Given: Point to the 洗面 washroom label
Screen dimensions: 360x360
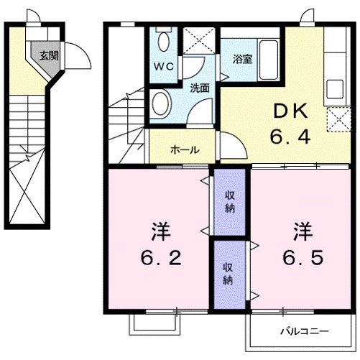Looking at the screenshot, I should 199,88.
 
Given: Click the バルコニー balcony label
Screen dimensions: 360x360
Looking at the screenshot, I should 305,332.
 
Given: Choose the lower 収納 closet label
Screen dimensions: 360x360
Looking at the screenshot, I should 227,274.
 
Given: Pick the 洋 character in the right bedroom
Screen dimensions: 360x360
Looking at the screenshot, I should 302,231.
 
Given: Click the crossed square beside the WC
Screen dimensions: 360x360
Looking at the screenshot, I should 193,40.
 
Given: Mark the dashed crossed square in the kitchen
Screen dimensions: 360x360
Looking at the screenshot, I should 336,119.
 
